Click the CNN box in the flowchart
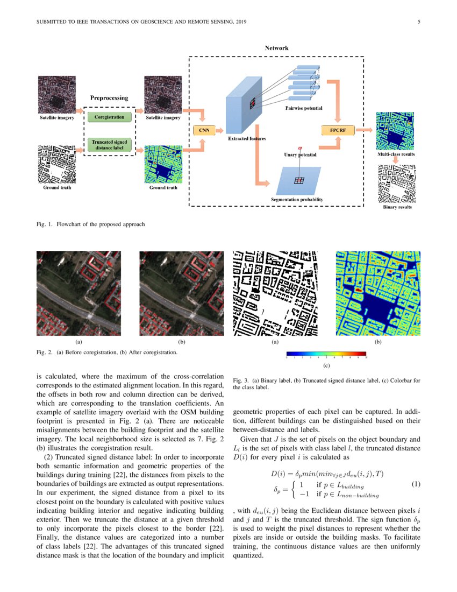[204, 130]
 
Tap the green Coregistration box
[109, 117]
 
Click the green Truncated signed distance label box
[109, 144]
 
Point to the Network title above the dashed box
[276, 48]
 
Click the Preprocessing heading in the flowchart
[109, 98]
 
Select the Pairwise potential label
[304, 108]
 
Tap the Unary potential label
[299, 155]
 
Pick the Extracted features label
[247, 139]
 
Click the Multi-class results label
[396, 154]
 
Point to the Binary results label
[397, 207]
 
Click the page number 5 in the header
[419, 22]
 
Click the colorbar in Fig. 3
[326, 356]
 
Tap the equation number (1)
[416, 484]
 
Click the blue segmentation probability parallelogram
[297, 180]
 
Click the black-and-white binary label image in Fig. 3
[275, 293]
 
